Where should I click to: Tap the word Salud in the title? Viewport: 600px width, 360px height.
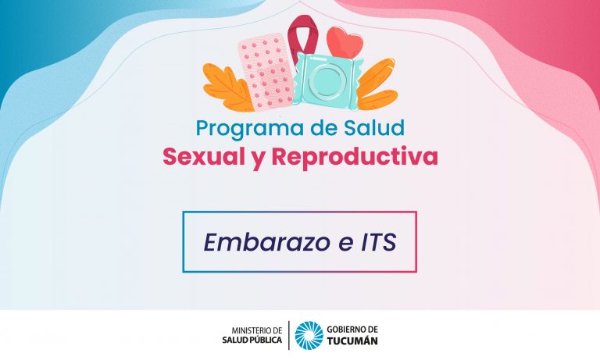(374, 128)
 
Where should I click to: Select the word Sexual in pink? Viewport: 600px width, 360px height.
(204, 157)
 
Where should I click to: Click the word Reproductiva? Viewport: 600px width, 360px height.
(355, 156)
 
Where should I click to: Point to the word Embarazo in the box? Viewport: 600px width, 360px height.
(266, 242)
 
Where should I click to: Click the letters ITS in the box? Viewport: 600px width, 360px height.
(378, 242)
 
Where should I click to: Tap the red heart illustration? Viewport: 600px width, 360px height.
(345, 42)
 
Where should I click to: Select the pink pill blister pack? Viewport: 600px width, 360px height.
(266, 72)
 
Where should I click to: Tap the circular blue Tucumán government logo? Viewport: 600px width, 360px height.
(309, 336)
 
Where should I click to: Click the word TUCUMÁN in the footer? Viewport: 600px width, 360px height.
(352, 341)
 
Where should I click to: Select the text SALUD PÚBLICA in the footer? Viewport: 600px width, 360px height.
(252, 340)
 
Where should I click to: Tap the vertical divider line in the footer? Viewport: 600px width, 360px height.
(288, 336)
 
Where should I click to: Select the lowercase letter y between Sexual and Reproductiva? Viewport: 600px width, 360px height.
(258, 159)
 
